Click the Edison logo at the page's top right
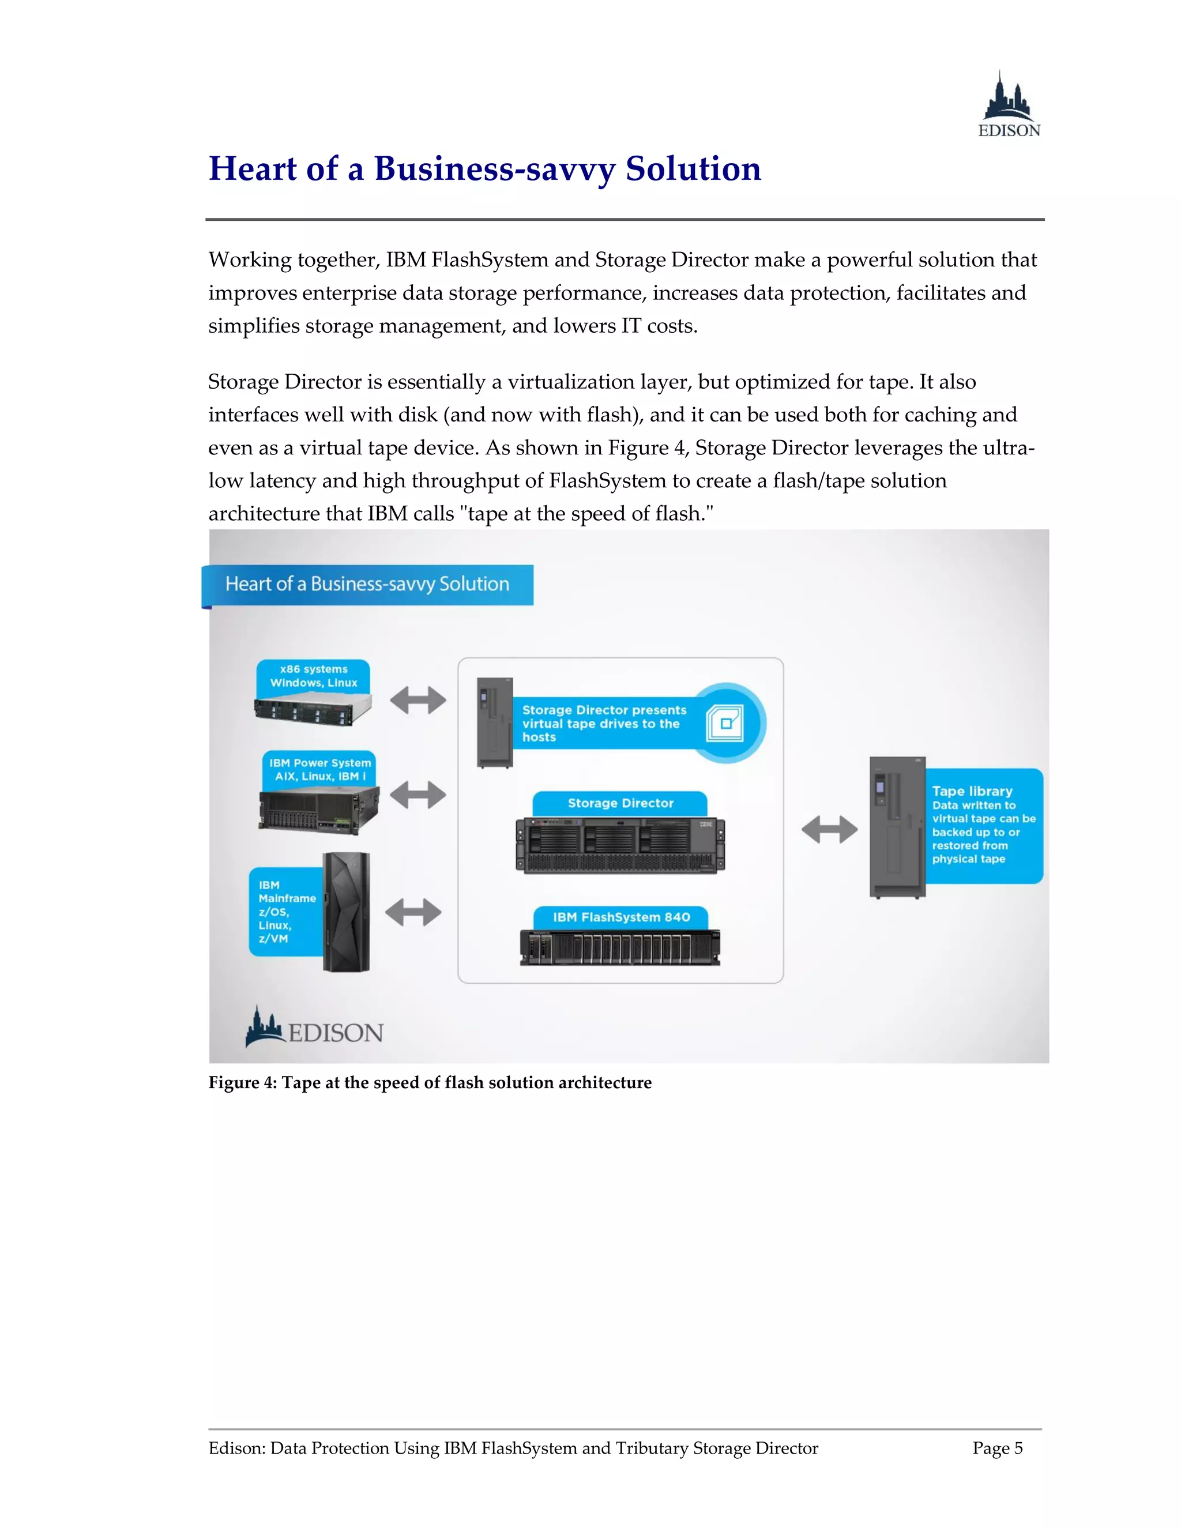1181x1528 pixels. pos(1008,105)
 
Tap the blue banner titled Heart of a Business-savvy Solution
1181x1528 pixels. pos(367,584)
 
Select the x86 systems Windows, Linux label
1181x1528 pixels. pos(314,676)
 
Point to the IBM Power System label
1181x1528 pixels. pos(319,769)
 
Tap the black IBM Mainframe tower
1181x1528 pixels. pos(347,911)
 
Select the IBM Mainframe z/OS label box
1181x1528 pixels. pos(285,912)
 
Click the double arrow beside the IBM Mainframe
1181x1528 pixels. pos(413,912)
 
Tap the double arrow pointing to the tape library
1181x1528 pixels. pos(829,830)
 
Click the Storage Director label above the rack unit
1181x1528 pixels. pos(620,803)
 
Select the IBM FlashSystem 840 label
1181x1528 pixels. pos(621,917)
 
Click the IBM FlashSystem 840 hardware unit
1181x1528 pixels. pos(620,948)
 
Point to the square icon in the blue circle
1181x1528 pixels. pos(725,722)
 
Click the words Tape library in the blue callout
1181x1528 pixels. pos(972,791)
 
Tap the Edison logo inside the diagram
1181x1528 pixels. pos(314,1029)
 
